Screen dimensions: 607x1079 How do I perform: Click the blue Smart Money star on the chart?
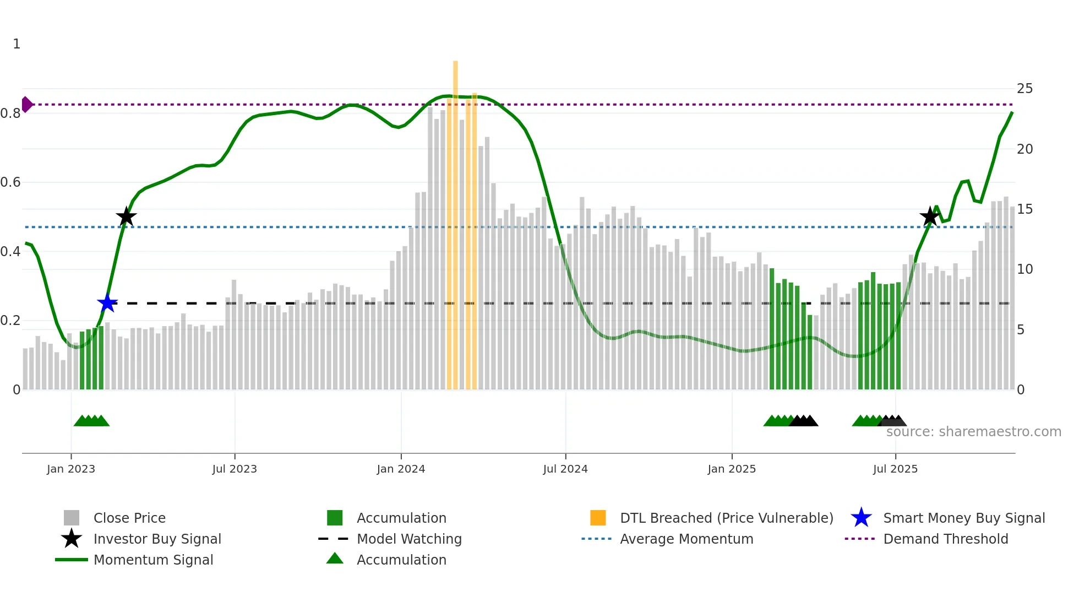pyautogui.click(x=107, y=303)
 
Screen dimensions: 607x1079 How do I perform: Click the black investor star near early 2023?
pyautogui.click(x=126, y=217)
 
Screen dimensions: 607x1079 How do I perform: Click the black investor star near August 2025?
pyautogui.click(x=930, y=216)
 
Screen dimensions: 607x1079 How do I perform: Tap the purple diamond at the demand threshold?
pyautogui.click(x=26, y=104)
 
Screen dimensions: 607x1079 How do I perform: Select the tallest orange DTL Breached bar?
pyautogui.click(x=455, y=220)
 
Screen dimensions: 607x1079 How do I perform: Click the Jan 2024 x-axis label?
pyautogui.click(x=401, y=469)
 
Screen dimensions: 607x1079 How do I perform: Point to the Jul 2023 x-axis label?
pyautogui.click(x=235, y=469)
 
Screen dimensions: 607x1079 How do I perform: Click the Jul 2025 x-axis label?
pyautogui.click(x=895, y=469)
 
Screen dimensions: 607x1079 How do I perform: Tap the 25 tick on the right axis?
pyautogui.click(x=1024, y=89)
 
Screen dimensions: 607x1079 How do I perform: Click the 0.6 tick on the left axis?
pyautogui.click(x=11, y=182)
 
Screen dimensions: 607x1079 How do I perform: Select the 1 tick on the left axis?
pyautogui.click(x=17, y=44)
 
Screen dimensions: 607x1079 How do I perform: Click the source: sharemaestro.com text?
pyautogui.click(x=973, y=432)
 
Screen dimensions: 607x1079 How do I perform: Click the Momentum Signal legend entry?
pyautogui.click(x=153, y=560)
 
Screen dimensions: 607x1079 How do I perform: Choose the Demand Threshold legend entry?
pyautogui.click(x=945, y=539)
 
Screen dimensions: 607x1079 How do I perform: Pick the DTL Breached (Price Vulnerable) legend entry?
pyautogui.click(x=726, y=518)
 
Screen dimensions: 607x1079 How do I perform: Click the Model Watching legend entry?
pyautogui.click(x=409, y=539)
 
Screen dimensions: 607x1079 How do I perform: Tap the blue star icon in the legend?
pyautogui.click(x=861, y=518)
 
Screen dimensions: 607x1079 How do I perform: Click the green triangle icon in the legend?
pyautogui.click(x=335, y=559)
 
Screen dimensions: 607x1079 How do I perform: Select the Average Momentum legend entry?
pyautogui.click(x=686, y=539)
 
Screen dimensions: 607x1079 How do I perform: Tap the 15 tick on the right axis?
pyautogui.click(x=1024, y=209)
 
